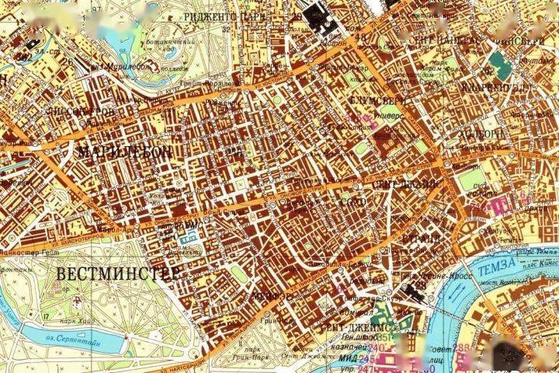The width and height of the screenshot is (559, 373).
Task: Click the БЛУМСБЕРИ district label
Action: [381, 101]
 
